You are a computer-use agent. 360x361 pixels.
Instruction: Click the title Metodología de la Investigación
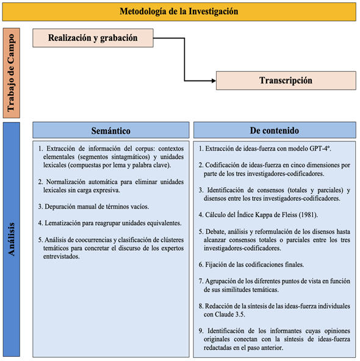pos(179,12)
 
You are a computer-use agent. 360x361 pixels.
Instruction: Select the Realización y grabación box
pos(93,38)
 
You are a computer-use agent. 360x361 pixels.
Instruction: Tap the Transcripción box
pos(286,80)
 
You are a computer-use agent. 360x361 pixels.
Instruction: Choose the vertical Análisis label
pos(13,238)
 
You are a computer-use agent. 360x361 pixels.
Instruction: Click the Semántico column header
pos(110,130)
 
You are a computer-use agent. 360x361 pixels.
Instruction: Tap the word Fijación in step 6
pos(221,265)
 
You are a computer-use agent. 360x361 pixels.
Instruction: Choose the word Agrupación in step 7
pos(226,281)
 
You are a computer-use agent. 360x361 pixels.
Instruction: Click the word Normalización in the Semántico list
pos(71,182)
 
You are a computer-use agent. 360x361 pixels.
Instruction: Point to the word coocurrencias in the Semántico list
pos(92,240)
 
